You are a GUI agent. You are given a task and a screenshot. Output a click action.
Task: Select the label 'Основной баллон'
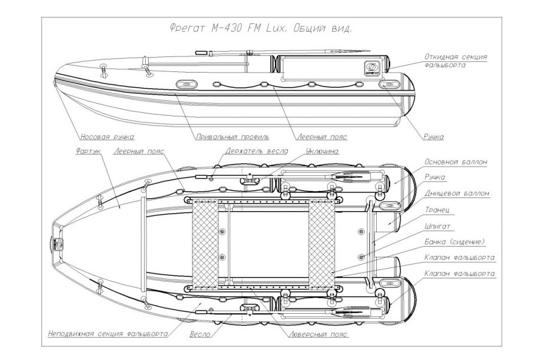(x=455, y=162)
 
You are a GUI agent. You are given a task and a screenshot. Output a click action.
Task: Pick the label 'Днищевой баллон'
(x=457, y=193)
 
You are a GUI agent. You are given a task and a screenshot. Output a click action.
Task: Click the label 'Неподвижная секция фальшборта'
(x=107, y=333)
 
